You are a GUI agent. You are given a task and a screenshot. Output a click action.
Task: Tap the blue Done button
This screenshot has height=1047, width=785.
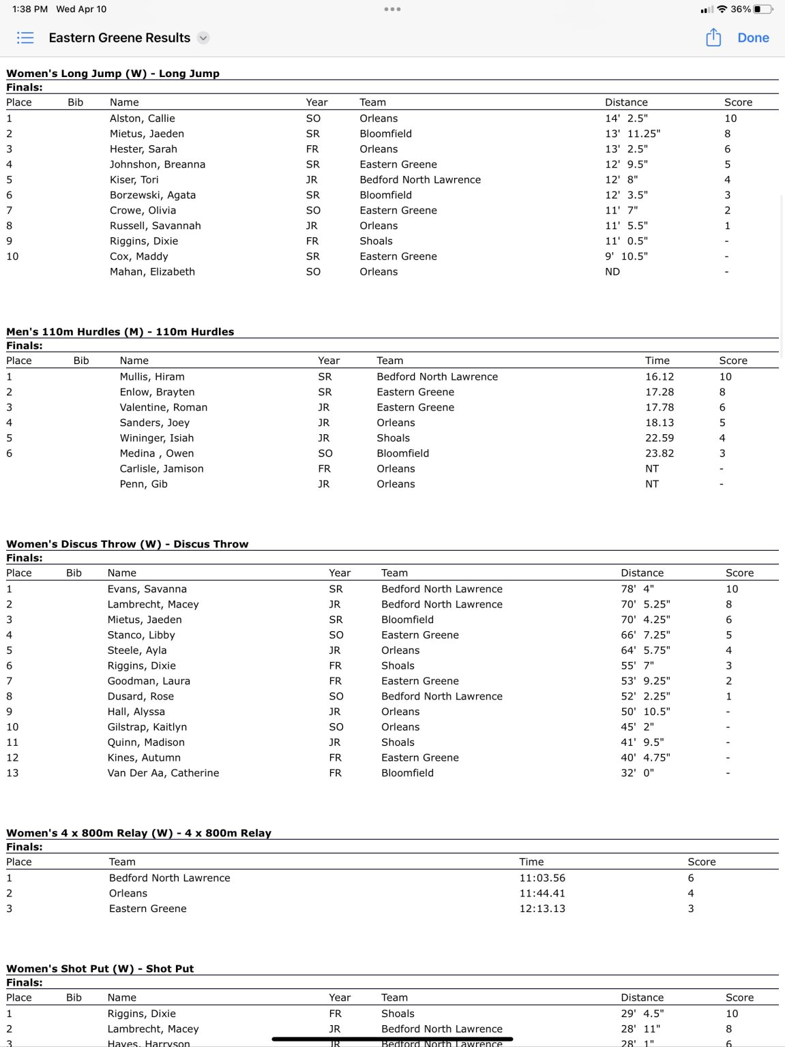click(x=753, y=38)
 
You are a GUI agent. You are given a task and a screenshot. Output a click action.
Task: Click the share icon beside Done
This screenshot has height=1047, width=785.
click(x=713, y=37)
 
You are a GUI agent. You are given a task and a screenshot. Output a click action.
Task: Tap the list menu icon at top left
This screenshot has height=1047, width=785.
click(x=25, y=37)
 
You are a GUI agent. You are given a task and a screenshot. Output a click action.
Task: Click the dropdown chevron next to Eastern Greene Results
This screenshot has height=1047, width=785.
click(x=203, y=38)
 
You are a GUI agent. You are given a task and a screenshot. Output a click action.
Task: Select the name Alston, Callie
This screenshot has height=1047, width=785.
click(x=142, y=119)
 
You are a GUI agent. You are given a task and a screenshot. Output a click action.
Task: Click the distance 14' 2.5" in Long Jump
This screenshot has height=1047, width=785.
click(x=626, y=119)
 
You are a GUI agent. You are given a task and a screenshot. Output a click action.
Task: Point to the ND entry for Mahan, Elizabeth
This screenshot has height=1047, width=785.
click(x=612, y=272)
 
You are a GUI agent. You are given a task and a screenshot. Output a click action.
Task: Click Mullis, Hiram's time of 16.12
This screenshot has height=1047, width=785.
click(x=660, y=377)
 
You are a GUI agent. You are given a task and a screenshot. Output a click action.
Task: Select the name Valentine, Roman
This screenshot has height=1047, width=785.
click(x=163, y=408)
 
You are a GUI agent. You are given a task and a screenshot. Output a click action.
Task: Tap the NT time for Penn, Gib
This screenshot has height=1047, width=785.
click(x=652, y=484)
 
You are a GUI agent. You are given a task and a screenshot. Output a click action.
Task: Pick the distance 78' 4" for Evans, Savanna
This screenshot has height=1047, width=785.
click(x=637, y=589)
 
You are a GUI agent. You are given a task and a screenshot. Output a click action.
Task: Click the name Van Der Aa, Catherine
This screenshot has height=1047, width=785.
click(x=163, y=773)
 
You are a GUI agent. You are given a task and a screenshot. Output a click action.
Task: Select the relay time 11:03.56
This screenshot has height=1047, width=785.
click(x=542, y=878)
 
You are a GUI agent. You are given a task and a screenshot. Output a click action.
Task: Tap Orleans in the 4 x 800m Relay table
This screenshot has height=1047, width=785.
click(x=128, y=894)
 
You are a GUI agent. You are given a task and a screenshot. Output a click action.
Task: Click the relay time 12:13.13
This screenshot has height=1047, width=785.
click(x=542, y=909)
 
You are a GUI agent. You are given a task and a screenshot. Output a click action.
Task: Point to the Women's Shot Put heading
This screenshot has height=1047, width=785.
click(x=100, y=969)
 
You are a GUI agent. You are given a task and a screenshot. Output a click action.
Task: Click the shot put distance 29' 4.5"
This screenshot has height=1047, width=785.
click(x=642, y=1014)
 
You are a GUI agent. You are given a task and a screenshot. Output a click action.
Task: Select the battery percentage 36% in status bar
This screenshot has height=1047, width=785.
click(x=741, y=10)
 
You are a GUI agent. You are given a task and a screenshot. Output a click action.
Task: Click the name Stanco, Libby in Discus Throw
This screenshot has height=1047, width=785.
click(x=141, y=635)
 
